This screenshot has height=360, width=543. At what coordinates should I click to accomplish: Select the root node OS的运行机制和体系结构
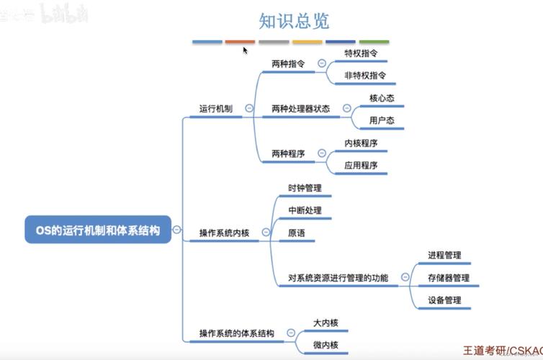(98, 230)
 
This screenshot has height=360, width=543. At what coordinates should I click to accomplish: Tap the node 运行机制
(215, 109)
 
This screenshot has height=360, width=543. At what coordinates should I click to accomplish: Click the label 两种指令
(287, 63)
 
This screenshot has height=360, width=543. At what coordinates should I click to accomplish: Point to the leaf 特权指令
(361, 53)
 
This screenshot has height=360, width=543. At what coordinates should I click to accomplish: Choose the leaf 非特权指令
(365, 75)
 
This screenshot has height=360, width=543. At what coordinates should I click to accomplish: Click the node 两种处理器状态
(300, 109)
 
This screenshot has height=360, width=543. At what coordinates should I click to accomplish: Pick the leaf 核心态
(381, 98)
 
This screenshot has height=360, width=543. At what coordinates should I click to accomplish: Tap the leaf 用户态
(381, 120)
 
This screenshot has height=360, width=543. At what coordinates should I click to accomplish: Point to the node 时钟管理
(305, 188)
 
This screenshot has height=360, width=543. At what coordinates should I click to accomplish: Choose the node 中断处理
(305, 210)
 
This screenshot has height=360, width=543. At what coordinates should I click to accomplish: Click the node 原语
(296, 233)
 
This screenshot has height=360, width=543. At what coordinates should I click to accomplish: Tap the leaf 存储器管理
(448, 277)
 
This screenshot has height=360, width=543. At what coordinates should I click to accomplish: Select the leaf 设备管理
(444, 300)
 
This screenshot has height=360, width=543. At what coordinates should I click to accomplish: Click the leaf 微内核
(326, 344)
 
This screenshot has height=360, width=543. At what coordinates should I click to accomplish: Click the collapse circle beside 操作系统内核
(266, 233)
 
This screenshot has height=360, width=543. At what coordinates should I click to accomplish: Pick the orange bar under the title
(240, 42)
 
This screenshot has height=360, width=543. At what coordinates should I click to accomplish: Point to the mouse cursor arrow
(245, 50)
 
